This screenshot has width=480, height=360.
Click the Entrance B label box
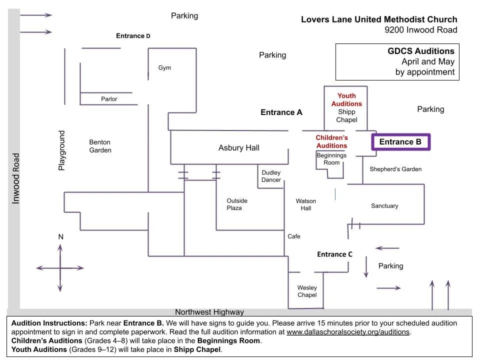click(400, 142)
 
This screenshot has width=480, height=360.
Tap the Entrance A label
click(281, 112)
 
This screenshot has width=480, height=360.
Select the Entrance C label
click(334, 254)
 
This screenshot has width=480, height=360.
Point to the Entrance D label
click(133, 36)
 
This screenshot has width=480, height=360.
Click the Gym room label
click(164, 68)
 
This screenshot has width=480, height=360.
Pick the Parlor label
click(109, 99)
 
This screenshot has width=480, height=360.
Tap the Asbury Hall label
click(239, 148)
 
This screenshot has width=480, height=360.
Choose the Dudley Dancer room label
click(271, 176)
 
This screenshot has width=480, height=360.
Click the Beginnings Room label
click(331, 159)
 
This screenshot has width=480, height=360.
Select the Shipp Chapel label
click(346, 116)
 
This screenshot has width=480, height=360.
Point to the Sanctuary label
click(384, 206)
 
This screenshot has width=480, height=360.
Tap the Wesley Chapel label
click(307, 291)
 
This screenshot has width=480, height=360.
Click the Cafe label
click(294, 236)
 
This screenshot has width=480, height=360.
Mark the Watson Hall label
click(306, 204)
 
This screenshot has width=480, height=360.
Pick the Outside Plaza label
click(237, 204)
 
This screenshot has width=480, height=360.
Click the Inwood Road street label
click(16, 178)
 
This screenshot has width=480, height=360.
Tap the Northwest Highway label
click(209, 312)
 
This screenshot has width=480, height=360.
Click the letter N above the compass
click(60, 236)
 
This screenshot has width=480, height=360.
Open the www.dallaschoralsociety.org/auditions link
click(348, 332)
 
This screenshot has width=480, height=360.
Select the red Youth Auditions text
click(346, 99)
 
